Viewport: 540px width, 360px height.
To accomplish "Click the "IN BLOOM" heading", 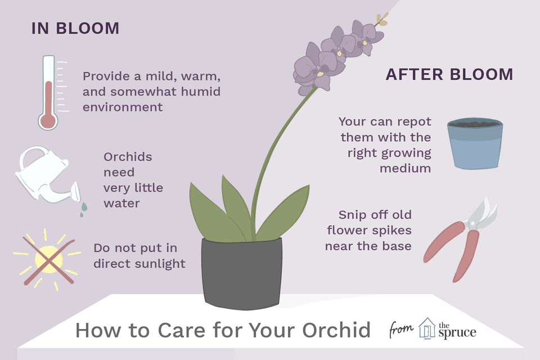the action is point(75,28).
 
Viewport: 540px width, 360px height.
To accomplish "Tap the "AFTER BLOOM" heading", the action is point(449,74).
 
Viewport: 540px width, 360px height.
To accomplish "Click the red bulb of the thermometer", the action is point(48,120).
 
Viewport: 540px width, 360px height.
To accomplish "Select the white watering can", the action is point(47,174).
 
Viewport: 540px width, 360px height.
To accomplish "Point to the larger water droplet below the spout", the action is point(84,206).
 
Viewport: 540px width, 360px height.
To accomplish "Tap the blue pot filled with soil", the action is point(475,143).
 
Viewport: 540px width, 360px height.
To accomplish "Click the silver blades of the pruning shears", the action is point(482,214).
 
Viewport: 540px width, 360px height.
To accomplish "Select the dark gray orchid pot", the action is point(242,273).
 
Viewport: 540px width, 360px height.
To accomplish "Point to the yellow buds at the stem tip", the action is point(382,19).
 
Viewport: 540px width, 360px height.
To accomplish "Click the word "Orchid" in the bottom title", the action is point(336,330).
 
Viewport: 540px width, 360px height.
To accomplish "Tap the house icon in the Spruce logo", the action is point(427,328).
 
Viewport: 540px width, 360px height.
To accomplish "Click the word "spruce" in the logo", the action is point(457,332).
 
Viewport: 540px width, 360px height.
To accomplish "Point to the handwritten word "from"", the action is point(401,330).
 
